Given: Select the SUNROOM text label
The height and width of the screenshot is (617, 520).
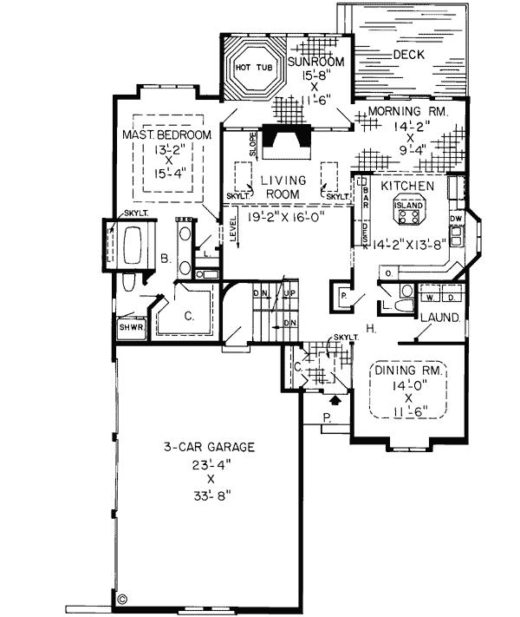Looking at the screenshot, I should click(x=317, y=62).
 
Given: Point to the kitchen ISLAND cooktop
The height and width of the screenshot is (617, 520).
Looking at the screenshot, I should click(x=410, y=208).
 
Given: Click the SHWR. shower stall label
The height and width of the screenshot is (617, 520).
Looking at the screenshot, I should click(x=130, y=329).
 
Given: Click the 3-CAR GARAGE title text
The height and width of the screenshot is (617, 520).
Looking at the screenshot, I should click(x=210, y=448).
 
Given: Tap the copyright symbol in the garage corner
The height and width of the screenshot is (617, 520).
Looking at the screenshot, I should click(x=122, y=598).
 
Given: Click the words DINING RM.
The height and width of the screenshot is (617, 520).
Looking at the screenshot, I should click(x=410, y=371).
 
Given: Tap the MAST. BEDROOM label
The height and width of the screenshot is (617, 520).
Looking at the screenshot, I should click(x=168, y=136).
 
